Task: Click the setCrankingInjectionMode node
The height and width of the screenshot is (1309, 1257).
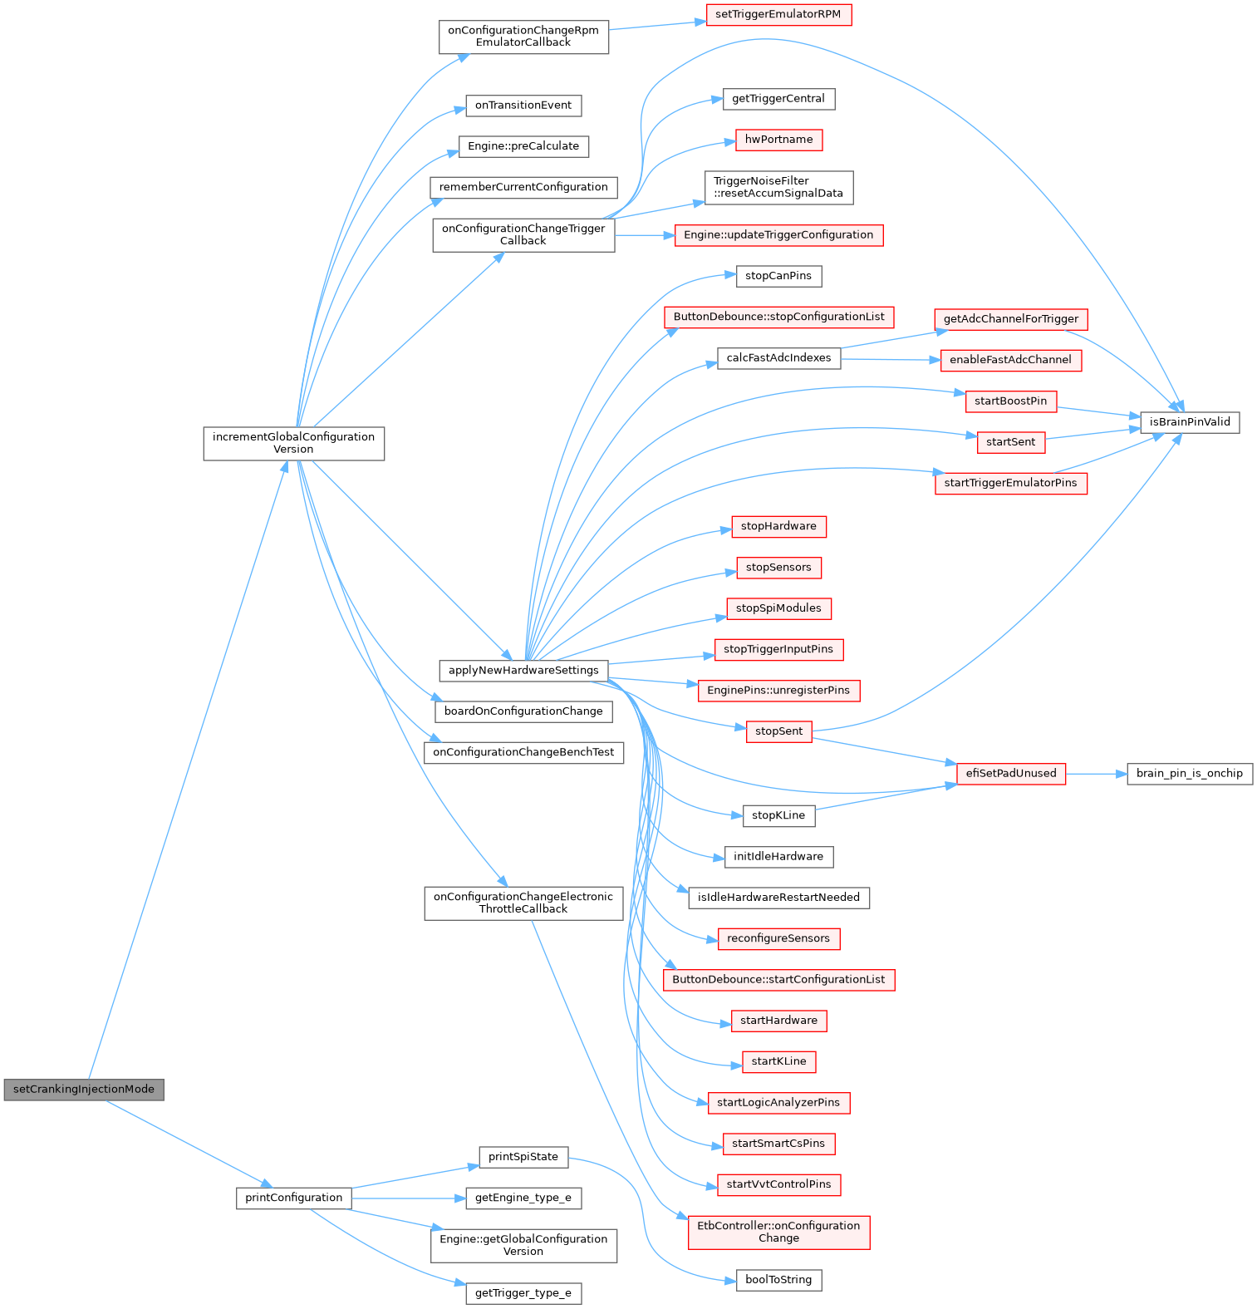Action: tap(84, 1089)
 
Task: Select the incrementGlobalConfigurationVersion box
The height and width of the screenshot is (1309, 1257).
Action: tap(294, 443)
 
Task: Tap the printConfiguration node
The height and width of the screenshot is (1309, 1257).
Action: tap(294, 1198)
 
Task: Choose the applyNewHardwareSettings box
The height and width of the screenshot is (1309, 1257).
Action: tap(523, 670)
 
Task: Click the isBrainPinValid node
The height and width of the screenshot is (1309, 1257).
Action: tap(1190, 422)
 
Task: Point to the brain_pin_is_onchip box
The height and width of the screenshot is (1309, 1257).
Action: tap(1190, 774)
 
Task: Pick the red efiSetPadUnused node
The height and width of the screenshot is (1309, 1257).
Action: tap(1011, 774)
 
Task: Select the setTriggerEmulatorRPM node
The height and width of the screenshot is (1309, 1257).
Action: tap(778, 14)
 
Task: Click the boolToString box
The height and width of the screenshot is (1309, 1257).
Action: tap(778, 1280)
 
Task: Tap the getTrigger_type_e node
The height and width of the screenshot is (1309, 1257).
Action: tap(523, 1293)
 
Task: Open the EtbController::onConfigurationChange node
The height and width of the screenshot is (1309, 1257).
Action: tap(778, 1232)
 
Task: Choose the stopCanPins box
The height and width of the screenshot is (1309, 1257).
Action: tap(778, 276)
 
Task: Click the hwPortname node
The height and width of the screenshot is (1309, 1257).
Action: tap(778, 140)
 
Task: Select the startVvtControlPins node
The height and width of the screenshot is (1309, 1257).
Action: tap(778, 1184)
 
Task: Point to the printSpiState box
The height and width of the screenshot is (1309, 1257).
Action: tap(523, 1157)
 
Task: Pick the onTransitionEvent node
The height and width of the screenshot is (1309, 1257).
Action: tap(523, 106)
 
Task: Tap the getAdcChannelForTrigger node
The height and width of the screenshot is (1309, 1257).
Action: tap(1011, 319)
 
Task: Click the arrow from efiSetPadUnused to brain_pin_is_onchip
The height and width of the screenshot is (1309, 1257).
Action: tap(1097, 774)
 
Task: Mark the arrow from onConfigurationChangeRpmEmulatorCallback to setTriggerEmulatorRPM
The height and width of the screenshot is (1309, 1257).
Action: tap(657, 26)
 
